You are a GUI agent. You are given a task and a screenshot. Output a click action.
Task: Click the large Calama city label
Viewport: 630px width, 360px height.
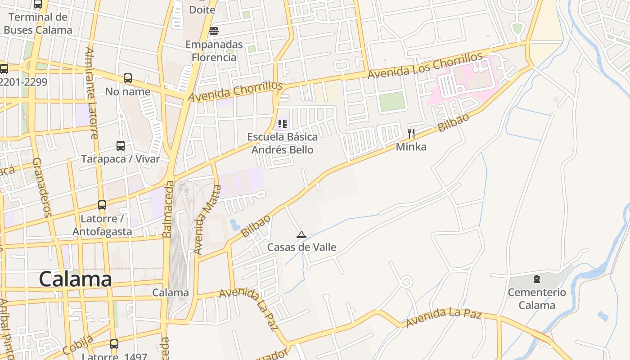[75, 279]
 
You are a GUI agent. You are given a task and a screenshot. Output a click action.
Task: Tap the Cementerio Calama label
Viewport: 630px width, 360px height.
[537, 299]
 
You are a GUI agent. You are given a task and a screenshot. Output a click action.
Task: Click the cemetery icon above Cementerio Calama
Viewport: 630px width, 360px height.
[537, 279]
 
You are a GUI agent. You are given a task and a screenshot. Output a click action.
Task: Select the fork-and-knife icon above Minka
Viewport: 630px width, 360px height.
[411, 133]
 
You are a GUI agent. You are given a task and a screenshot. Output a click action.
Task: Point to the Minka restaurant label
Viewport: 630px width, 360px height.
[411, 147]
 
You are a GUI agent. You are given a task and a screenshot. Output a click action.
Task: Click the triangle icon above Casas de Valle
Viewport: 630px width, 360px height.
[301, 234]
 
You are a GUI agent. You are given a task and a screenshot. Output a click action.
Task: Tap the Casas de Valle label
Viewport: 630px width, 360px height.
[301, 247]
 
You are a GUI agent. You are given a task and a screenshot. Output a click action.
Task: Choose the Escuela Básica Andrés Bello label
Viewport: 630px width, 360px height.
[282, 143]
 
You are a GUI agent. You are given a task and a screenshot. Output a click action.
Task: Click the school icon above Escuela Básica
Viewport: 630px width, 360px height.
[282, 123]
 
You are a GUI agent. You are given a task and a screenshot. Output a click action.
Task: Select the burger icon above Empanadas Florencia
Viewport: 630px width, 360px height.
[214, 31]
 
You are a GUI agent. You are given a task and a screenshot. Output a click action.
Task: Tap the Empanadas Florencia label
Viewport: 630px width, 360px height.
[214, 51]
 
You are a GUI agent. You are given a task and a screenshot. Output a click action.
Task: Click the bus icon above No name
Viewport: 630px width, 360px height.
[128, 78]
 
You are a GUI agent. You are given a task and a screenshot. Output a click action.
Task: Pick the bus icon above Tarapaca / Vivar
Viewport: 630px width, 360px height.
[121, 146]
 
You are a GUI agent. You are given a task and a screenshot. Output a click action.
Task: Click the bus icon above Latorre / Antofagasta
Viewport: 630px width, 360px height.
[102, 205]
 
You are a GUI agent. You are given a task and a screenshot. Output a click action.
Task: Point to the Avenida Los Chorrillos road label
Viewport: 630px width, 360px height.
[425, 66]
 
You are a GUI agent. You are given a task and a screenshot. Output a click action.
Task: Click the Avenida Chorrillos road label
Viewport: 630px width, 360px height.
[235, 92]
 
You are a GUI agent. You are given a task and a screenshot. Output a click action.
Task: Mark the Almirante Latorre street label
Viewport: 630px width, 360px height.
[91, 93]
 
